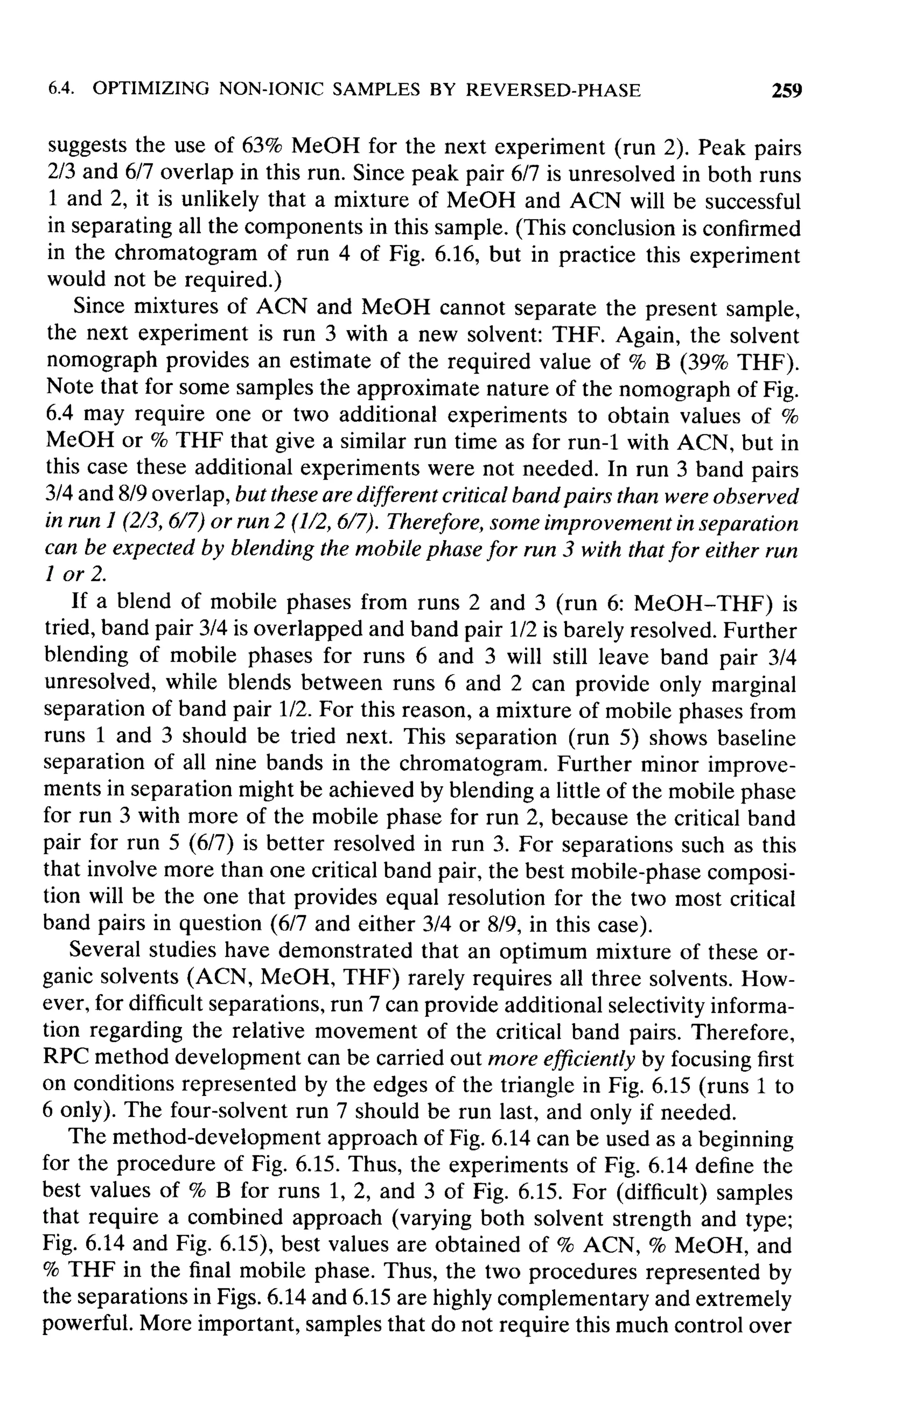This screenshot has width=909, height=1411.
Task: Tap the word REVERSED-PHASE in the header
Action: [x=553, y=90]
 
